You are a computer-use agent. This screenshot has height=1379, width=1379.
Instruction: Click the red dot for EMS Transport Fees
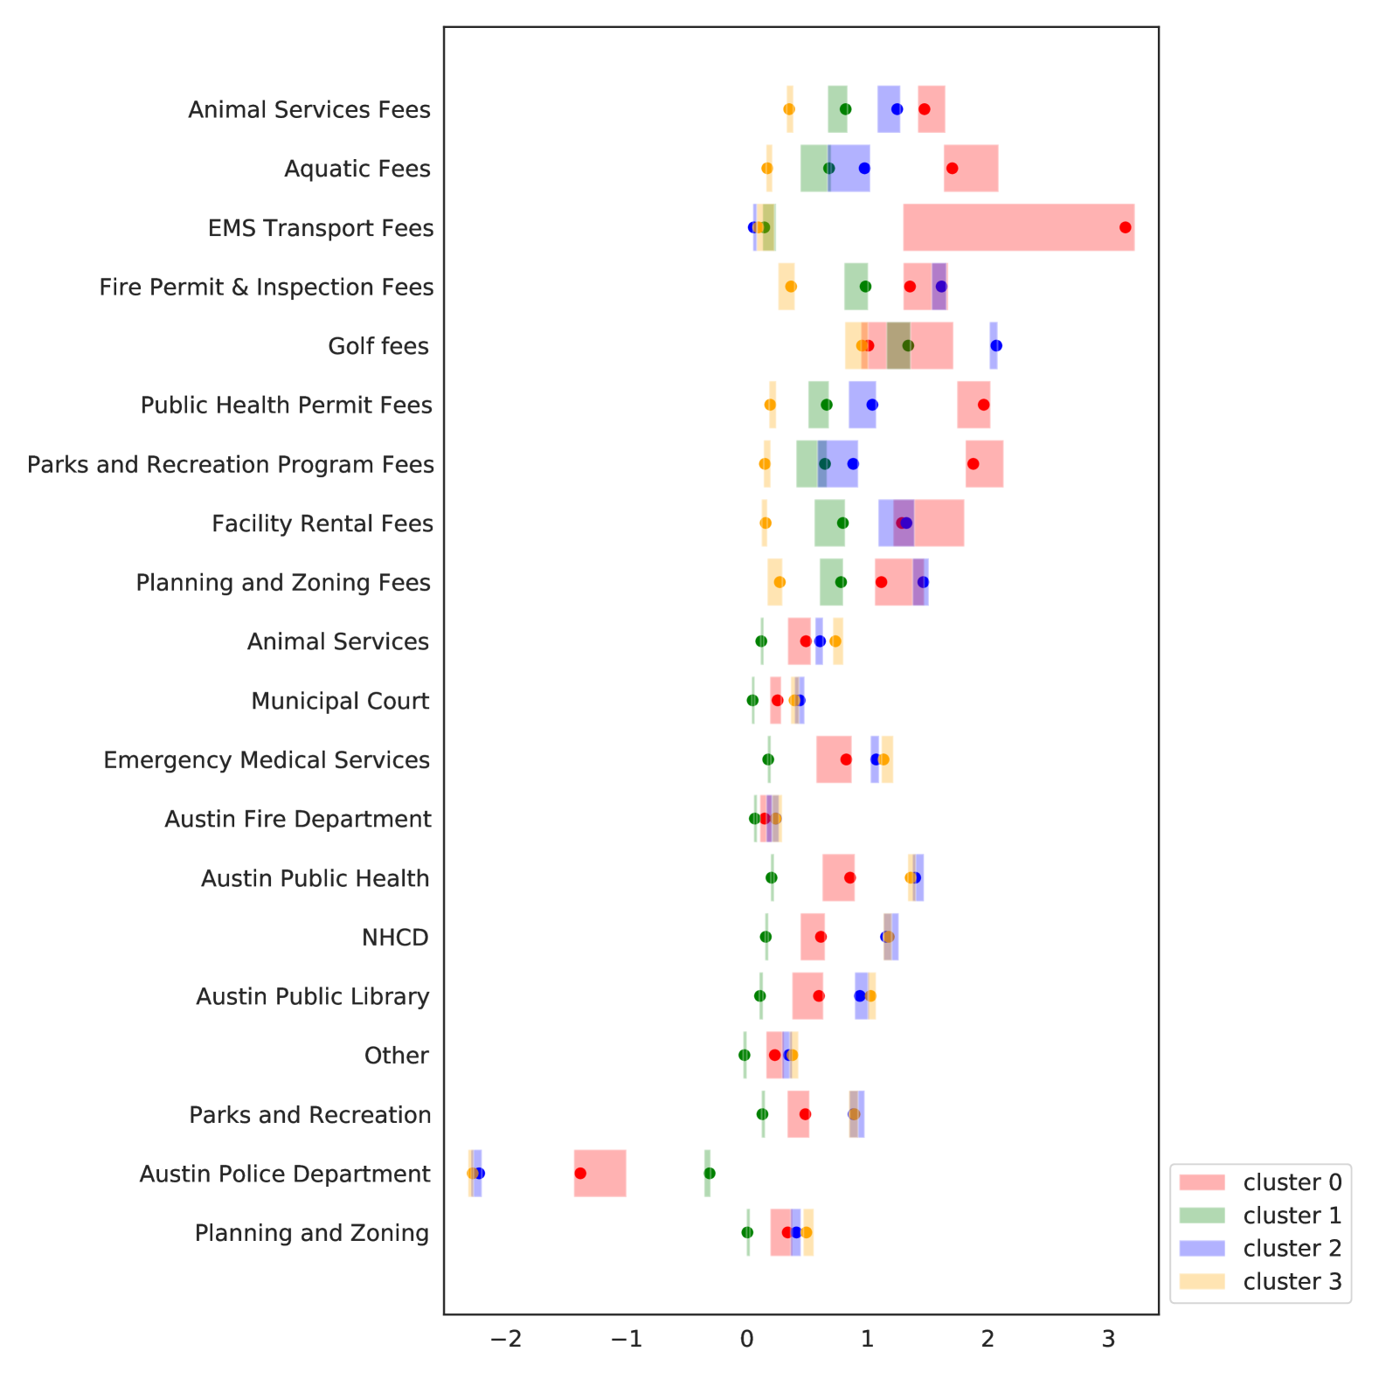pos(1125,227)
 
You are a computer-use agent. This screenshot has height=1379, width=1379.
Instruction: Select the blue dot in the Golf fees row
pos(995,345)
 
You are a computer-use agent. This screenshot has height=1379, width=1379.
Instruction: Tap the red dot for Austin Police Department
pos(580,1173)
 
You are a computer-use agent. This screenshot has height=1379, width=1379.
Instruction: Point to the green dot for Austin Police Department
pos(709,1173)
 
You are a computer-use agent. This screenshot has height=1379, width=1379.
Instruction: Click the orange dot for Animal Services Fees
pos(789,109)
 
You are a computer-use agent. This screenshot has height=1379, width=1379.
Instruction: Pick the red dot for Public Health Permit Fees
pos(983,405)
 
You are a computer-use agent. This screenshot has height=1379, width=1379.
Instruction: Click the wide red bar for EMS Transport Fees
pos(1018,227)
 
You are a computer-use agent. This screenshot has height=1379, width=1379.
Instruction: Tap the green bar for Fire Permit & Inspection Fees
pos(856,287)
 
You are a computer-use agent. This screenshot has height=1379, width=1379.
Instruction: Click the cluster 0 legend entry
pos(1261,1182)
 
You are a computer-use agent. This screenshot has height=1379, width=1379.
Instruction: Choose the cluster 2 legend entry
pos(1261,1248)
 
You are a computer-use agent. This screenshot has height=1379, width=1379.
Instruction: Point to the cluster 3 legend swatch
pos(1202,1281)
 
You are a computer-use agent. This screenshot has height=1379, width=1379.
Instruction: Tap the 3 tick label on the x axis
pos(1108,1340)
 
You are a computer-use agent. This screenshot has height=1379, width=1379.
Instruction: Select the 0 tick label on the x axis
pos(747,1340)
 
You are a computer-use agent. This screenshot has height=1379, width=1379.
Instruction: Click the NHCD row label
pos(395,938)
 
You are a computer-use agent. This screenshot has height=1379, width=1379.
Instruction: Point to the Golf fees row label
pos(378,346)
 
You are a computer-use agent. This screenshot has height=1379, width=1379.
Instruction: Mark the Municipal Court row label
pos(340,701)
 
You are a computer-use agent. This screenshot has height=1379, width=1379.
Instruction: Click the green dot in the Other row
pos(744,1055)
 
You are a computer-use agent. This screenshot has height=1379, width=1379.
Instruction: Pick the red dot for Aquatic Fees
pos(952,168)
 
